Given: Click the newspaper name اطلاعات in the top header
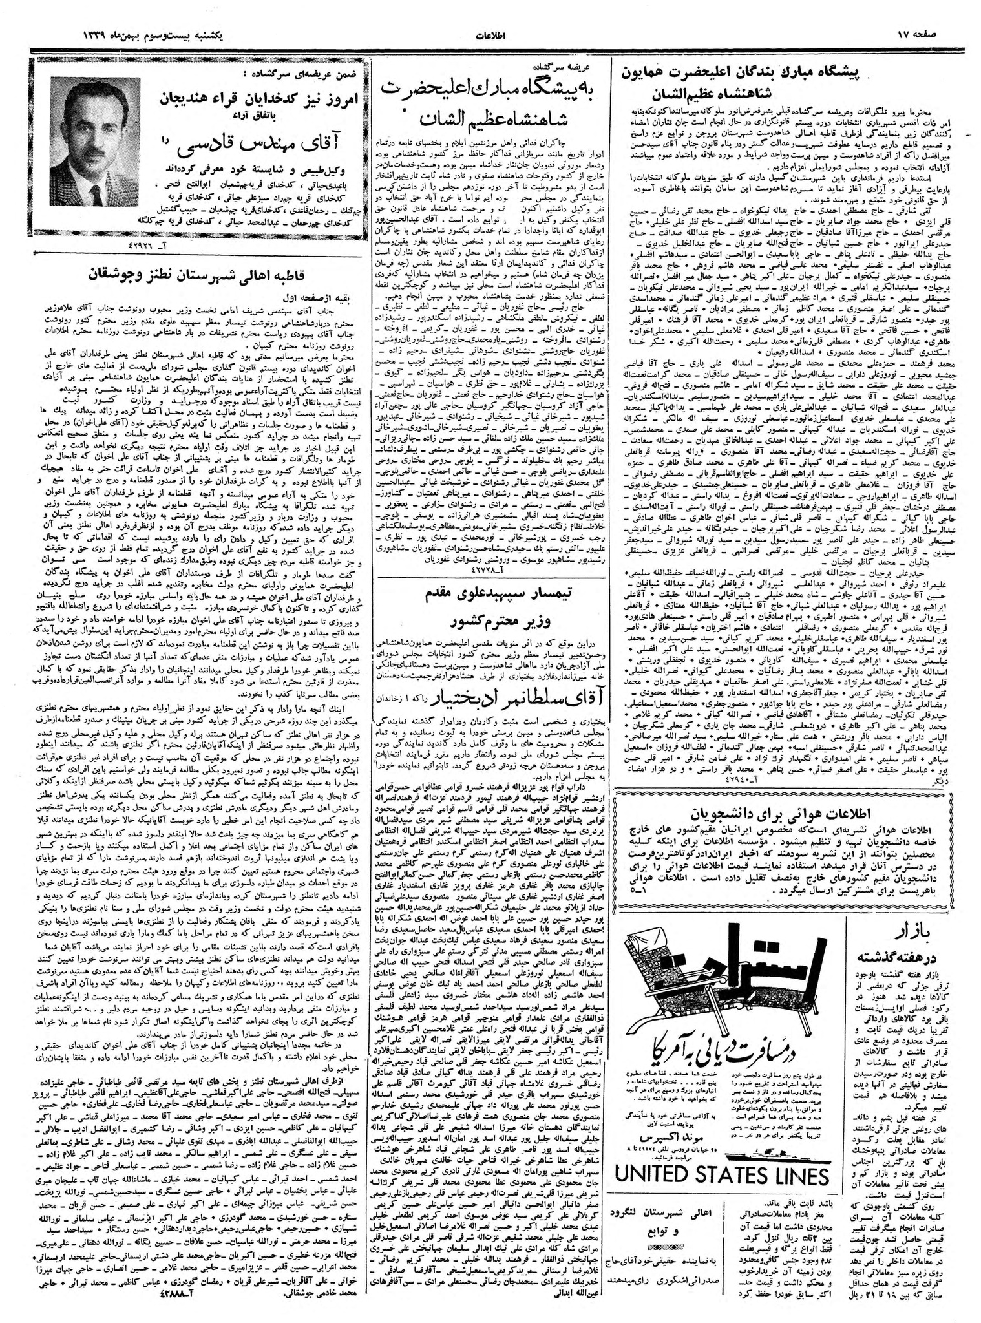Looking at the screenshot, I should tap(491, 32).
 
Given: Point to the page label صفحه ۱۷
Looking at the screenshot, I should tap(944, 32).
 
